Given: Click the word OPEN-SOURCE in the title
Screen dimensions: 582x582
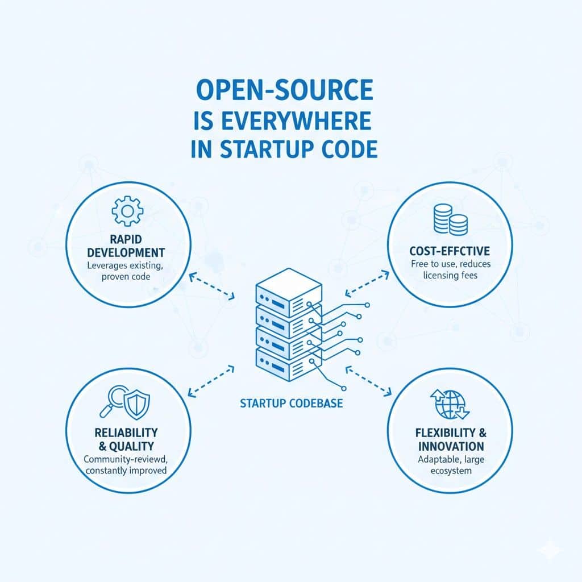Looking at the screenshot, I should point(284,91).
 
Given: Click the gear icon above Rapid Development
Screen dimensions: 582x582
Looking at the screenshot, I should point(124,211).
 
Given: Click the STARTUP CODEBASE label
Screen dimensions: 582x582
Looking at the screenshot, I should point(292,404).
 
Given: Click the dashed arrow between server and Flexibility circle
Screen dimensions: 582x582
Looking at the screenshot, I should point(369,380).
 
